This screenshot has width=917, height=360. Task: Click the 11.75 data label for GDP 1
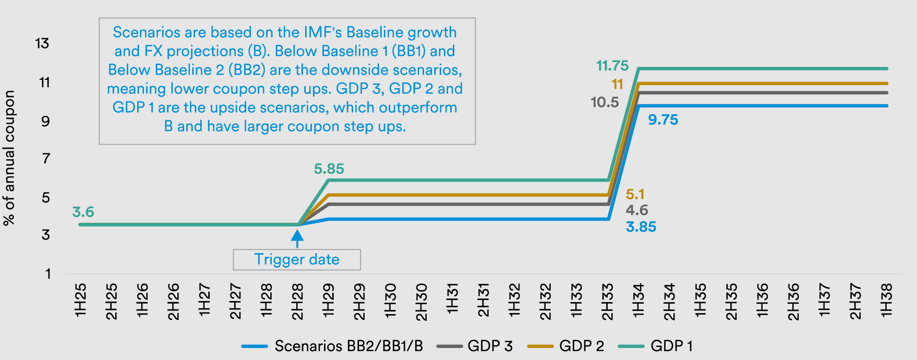pos(612,66)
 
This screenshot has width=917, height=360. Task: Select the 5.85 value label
pos(329,169)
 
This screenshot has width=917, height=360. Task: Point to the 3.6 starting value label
pos(83,212)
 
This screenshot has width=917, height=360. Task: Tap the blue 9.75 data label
pos(663,120)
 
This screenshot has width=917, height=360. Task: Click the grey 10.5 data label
pos(605,102)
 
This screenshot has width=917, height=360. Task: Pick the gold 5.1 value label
pos(635,195)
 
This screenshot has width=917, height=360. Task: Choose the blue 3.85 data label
pos(641,227)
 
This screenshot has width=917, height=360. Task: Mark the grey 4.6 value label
pos(637,210)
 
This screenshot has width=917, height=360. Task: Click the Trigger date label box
pos(297,259)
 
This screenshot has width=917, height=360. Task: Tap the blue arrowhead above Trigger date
pos(297,236)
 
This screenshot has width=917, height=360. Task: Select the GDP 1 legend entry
pos(671,346)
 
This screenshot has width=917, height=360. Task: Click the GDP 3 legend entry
pos(490,346)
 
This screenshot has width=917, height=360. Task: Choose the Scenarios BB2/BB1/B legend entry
pos(348,346)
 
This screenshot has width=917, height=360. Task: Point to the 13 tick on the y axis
pos(42,43)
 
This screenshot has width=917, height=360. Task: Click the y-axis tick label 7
pos(46,158)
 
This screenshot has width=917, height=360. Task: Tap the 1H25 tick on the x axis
pos(80,301)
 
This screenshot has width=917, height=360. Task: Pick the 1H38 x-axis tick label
pos(887,301)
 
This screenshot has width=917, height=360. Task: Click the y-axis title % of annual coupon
pos(9,158)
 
